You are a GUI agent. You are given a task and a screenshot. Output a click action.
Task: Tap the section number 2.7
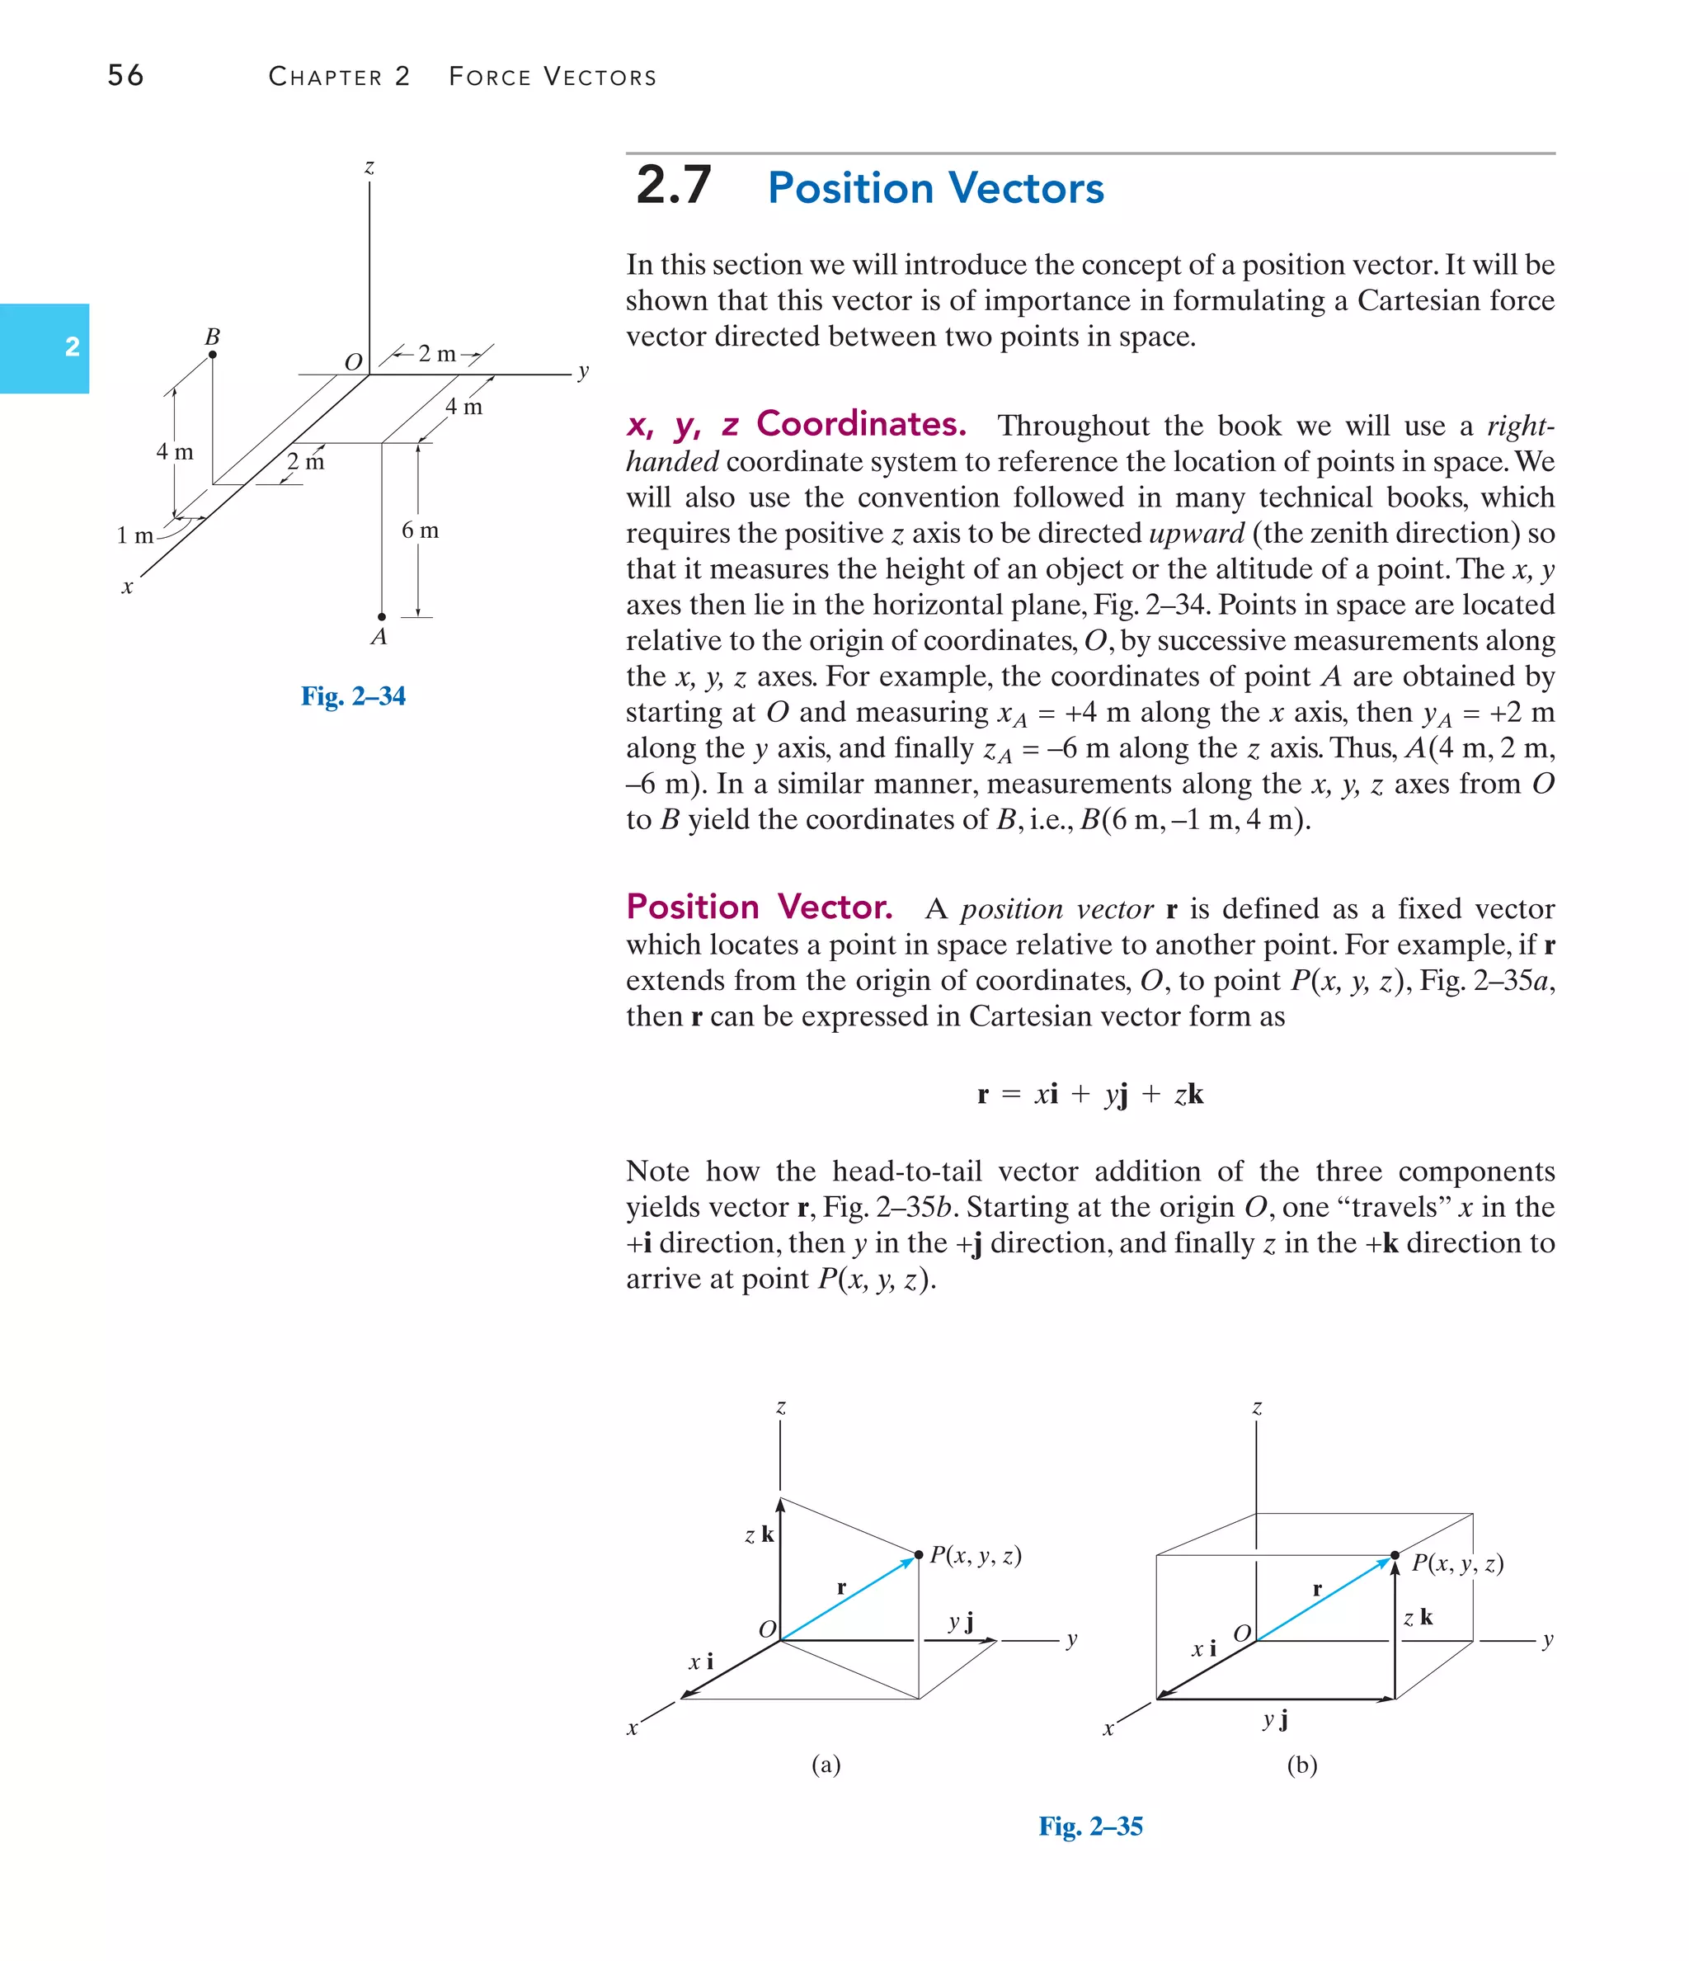point(673,185)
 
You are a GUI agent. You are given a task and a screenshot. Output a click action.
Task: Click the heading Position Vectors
point(935,187)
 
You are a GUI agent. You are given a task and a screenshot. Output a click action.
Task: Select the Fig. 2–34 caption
point(353,695)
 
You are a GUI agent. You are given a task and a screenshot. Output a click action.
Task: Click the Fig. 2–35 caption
point(1090,1826)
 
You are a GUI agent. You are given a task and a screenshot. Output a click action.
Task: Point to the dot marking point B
point(212,355)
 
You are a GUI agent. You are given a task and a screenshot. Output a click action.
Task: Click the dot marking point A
point(381,616)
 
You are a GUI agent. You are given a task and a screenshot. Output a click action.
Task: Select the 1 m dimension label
point(134,535)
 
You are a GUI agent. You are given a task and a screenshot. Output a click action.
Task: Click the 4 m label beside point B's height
point(174,451)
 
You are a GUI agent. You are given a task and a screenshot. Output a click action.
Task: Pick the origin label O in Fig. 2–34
point(353,362)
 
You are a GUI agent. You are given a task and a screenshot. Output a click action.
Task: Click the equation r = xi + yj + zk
point(1089,1094)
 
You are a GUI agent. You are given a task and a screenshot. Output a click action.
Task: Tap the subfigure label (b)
point(1301,1764)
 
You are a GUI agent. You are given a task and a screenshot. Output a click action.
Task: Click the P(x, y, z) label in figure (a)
point(975,1555)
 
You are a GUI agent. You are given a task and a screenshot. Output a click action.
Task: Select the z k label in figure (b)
point(1418,1618)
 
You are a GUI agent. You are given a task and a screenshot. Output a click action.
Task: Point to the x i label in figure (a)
point(700,1661)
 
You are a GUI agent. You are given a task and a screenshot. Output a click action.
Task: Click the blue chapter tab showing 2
point(45,347)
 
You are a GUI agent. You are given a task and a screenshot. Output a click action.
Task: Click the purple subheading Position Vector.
point(759,907)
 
